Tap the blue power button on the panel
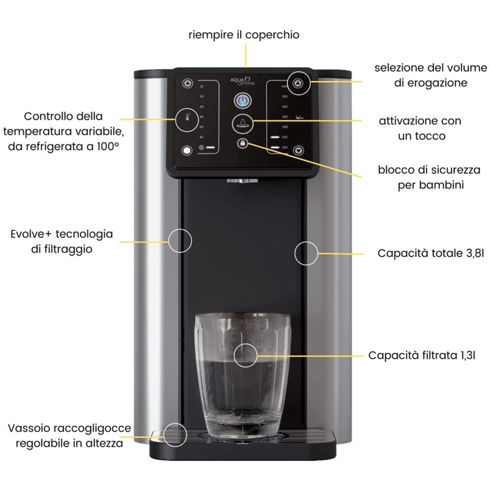(x=243, y=101)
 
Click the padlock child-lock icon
(x=242, y=143)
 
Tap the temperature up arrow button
(x=188, y=83)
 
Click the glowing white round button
(x=187, y=150)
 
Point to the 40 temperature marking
(x=201, y=137)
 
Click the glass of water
(x=242, y=372)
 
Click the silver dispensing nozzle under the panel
(x=243, y=182)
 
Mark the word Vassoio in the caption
(x=28, y=428)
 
